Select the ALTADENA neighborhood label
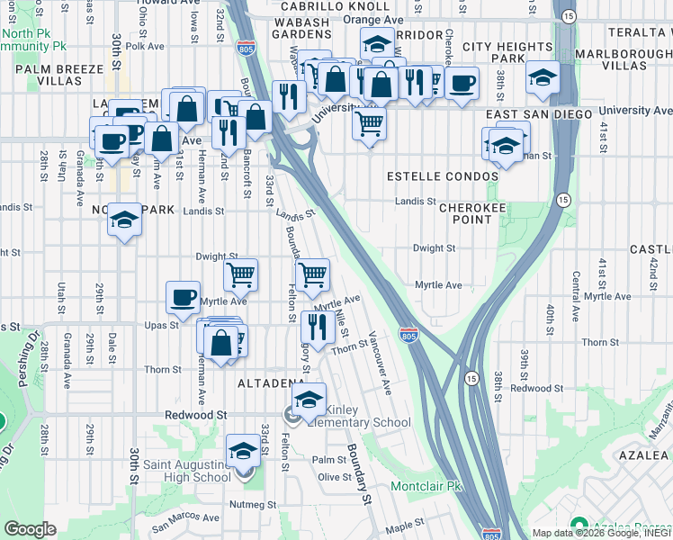coord(270,383)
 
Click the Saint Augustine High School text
coord(187,471)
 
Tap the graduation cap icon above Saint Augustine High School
coord(243,450)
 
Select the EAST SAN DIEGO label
coord(539,114)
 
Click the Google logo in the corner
coord(30,529)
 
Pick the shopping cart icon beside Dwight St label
coord(240,274)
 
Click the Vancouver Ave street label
coord(379,364)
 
